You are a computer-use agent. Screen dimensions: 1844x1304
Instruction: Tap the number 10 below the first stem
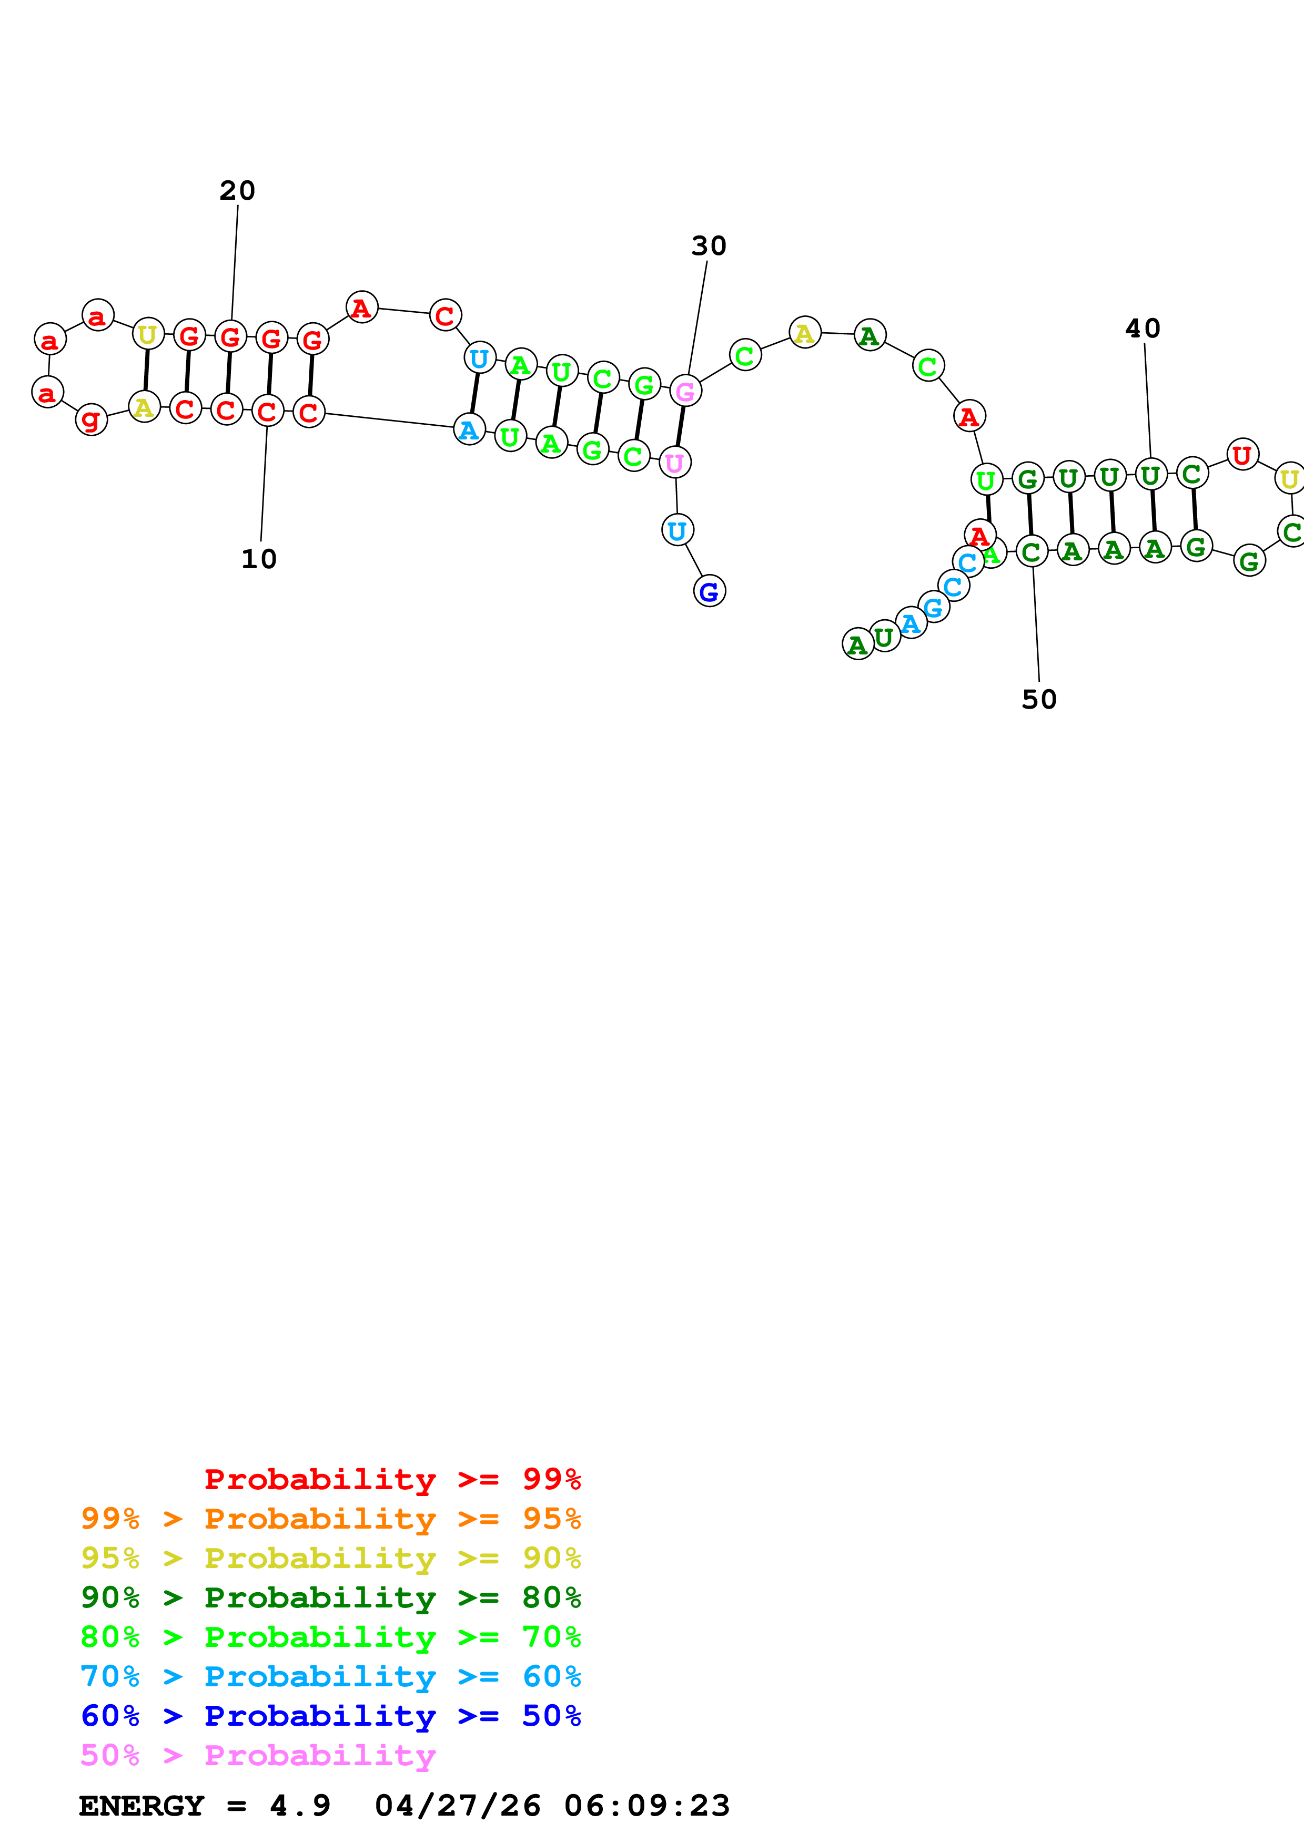coord(259,559)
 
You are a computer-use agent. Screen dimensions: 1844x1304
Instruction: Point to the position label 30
coord(709,247)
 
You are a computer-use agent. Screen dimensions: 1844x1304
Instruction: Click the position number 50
coord(1039,700)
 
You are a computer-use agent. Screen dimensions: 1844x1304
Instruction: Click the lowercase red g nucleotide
coord(91,419)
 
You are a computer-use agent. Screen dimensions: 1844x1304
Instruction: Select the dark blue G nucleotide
coord(709,592)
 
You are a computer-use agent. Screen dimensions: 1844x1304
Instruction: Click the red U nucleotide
coord(1242,455)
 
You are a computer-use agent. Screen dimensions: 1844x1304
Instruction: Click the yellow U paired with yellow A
coord(148,334)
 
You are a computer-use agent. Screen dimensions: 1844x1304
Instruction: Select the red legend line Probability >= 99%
coord(392,1479)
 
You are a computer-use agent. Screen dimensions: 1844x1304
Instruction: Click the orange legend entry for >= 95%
coord(330,1519)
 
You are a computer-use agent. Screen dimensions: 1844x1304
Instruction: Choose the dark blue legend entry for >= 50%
coord(330,1716)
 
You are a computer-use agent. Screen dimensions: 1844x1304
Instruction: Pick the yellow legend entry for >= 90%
coord(330,1558)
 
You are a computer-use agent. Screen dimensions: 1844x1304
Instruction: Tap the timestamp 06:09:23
coord(647,1806)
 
